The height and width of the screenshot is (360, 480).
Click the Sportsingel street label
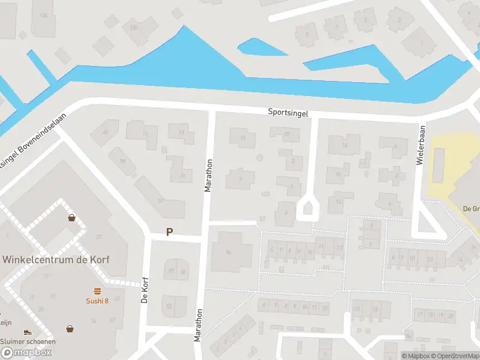tap(289, 112)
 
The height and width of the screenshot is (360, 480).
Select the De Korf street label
tap(144, 290)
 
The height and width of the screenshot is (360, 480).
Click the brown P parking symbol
tap(169, 232)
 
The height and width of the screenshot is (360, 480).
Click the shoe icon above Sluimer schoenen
tap(27, 332)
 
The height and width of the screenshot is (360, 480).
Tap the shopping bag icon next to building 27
tap(72, 218)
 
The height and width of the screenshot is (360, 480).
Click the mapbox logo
tap(26, 352)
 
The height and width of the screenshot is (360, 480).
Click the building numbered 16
tap(344, 145)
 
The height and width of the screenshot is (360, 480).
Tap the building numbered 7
tap(240, 179)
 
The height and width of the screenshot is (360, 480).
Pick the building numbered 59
tap(122, 161)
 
